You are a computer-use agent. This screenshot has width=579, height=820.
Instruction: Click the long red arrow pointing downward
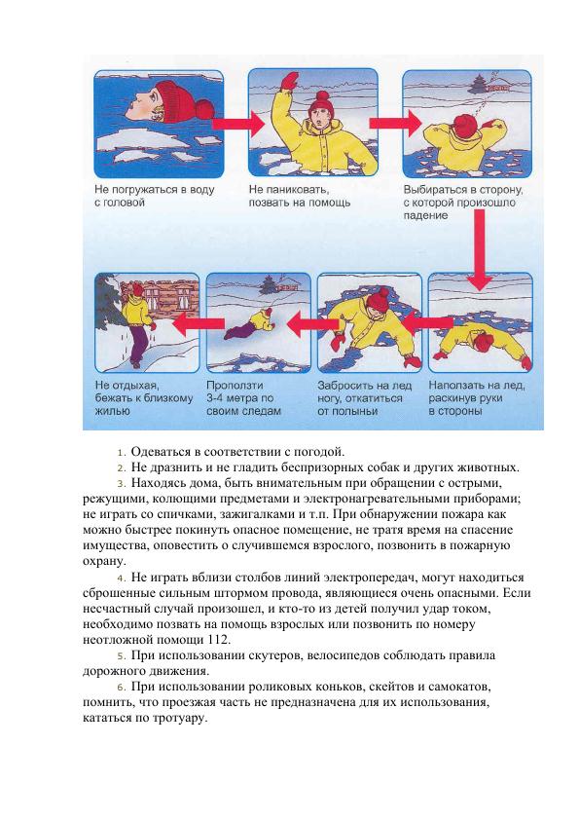click(x=479, y=249)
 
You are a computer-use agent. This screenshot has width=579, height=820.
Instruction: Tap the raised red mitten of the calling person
click(x=289, y=82)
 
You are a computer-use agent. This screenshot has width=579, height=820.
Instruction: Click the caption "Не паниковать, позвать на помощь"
click(x=300, y=196)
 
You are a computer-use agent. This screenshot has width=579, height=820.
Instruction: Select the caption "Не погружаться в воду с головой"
click(x=155, y=196)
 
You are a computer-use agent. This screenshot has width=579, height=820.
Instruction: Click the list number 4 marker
click(x=122, y=578)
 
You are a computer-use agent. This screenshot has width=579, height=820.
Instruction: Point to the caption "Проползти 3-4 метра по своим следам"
click(x=243, y=398)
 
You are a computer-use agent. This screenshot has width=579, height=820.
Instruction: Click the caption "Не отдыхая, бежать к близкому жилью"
click(x=144, y=398)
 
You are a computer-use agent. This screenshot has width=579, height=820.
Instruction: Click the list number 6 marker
click(x=122, y=687)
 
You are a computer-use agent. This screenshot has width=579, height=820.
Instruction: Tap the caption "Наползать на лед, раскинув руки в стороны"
click(x=477, y=398)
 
